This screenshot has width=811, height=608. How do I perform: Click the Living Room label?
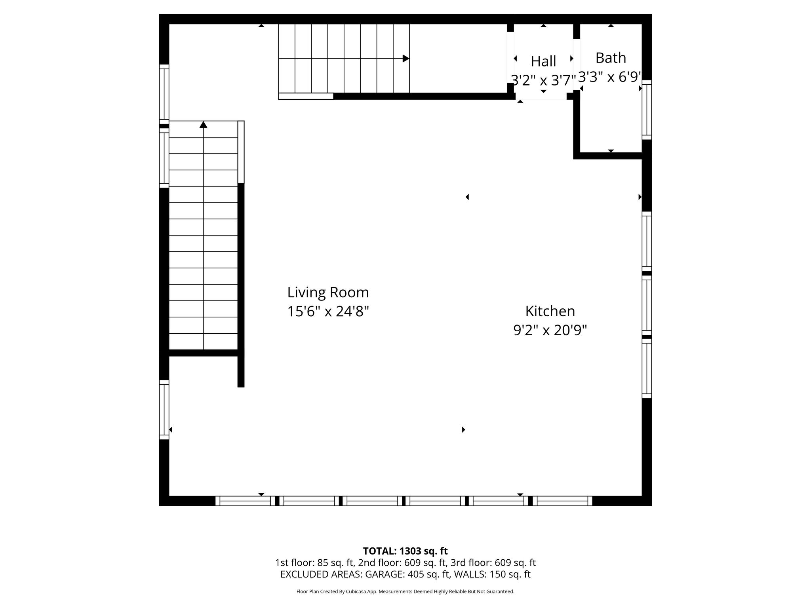[x=328, y=293]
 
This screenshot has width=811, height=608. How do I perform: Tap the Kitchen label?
[x=550, y=311]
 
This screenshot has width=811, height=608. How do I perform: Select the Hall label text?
[x=543, y=61]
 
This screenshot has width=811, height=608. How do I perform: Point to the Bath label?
[x=611, y=58]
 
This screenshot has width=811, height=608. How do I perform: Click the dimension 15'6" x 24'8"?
[x=328, y=312]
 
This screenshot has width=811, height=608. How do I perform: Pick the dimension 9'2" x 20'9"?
[x=550, y=330]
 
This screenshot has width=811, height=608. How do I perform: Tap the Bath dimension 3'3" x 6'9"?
[x=610, y=77]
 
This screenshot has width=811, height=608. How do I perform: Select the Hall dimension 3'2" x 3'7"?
[x=543, y=80]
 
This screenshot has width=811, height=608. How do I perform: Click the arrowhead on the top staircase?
[x=406, y=59]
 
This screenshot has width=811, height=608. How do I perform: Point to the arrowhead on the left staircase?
[x=204, y=125]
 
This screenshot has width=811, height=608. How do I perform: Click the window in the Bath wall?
[x=647, y=110]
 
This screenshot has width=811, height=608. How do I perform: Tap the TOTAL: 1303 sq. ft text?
[x=405, y=551]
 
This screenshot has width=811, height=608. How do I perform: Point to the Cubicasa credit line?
[x=405, y=592]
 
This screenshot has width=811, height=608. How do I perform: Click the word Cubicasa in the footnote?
[x=361, y=592]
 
